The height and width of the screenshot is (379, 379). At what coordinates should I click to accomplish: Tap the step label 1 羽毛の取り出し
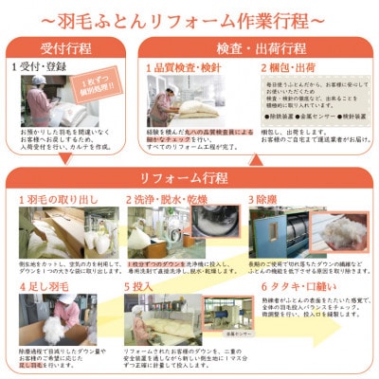coord(60,200)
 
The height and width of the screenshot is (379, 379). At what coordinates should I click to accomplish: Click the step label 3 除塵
coord(268,200)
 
